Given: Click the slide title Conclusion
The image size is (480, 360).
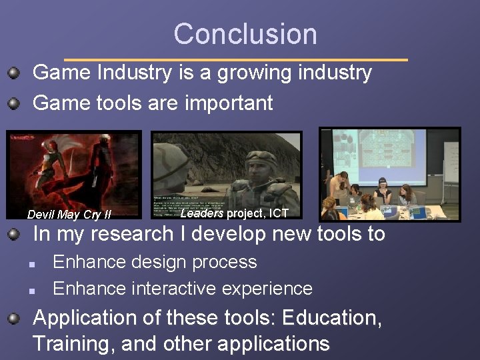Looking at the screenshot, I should point(245,34).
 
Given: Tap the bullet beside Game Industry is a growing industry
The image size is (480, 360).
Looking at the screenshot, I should point(13,72).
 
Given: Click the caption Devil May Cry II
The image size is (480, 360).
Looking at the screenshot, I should point(69,215).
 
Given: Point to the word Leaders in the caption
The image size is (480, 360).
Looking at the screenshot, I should point(202,213).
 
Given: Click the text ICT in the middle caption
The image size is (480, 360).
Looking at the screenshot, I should point(279,213).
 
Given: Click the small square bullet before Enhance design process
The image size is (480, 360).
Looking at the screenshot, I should point(31,263).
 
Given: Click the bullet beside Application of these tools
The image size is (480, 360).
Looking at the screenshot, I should point(13,318).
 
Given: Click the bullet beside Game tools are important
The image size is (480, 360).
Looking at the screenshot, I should point(13,103).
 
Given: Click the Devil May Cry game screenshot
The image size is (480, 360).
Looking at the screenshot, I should point(73,170).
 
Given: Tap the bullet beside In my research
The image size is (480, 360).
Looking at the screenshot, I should point(13,234).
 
